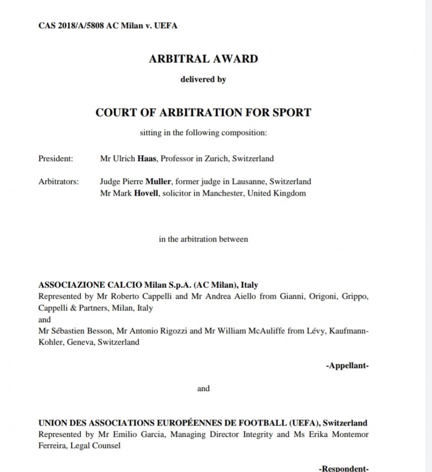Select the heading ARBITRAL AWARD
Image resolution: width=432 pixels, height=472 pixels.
203,59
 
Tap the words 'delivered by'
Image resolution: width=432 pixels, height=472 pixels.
203,79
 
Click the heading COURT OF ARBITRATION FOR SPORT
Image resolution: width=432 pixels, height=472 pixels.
203,112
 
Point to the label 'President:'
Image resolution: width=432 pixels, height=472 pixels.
56,159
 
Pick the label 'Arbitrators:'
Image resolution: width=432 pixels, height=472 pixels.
59,182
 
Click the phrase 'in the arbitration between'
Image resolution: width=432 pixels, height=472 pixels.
203,239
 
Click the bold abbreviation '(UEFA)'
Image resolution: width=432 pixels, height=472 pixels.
304,423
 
